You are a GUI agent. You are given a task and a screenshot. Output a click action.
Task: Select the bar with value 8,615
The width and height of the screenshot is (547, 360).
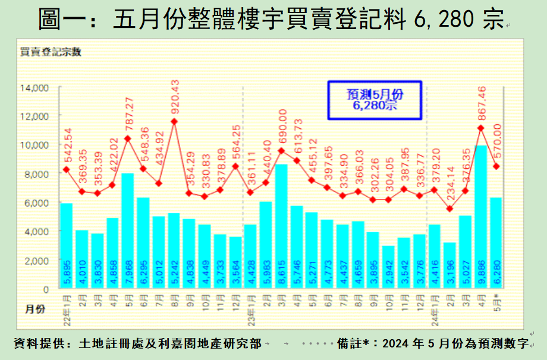point(281,226)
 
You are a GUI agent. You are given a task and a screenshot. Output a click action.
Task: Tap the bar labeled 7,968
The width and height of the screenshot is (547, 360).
point(128,231)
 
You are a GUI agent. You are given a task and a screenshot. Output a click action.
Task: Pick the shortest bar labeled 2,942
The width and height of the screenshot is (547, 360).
point(388,267)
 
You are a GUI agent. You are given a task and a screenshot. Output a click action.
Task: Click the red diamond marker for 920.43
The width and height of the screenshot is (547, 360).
point(174,122)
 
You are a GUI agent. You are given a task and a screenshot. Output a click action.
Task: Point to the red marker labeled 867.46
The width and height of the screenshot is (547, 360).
point(481,128)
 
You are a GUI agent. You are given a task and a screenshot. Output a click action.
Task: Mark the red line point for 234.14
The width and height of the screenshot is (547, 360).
point(450,209)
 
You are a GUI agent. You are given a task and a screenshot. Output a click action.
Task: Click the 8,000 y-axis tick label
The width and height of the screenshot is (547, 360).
point(37,174)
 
